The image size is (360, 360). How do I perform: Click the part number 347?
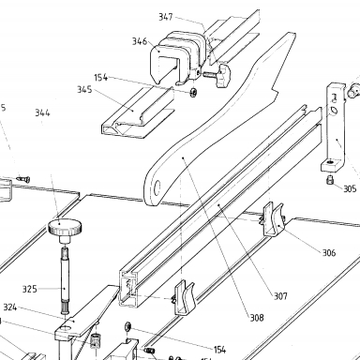[166, 17]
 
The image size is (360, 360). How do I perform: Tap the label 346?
[140, 41]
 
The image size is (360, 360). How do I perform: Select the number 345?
[84, 90]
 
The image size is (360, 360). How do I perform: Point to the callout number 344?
[42, 112]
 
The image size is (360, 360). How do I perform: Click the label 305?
[350, 188]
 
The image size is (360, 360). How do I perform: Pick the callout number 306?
[329, 252]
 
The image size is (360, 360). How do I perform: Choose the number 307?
[280, 296]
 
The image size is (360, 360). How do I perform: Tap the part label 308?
[257, 318]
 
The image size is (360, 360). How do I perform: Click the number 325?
[30, 289]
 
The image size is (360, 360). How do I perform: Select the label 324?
[10, 307]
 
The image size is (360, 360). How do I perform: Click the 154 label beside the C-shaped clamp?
[101, 78]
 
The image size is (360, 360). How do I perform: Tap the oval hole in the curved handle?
[157, 187]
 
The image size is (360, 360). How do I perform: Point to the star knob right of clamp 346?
[222, 75]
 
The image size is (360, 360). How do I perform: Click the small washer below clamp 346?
[193, 93]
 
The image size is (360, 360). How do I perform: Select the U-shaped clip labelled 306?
[272, 219]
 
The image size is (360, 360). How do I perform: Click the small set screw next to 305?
[329, 180]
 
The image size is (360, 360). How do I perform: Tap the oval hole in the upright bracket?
[334, 110]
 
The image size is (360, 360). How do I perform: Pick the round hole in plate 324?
[67, 328]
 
